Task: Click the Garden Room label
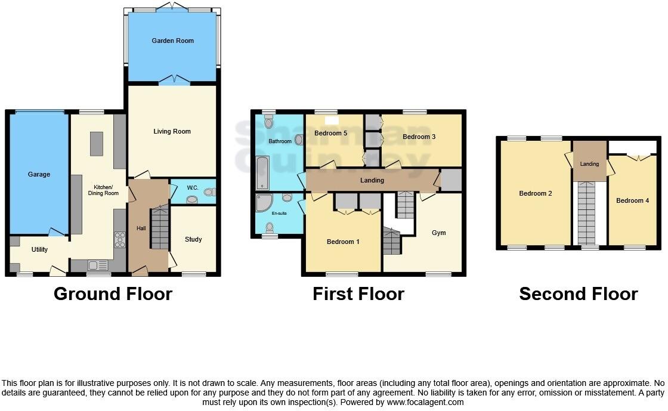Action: (172, 41)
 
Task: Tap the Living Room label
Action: (172, 131)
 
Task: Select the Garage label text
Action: (39, 174)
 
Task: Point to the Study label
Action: (193, 239)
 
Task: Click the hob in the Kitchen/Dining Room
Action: (119, 239)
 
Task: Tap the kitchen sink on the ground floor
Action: (95, 265)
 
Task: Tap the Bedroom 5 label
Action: (330, 133)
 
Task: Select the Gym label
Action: (438, 233)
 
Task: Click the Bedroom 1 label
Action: (343, 242)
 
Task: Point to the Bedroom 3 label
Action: (419, 137)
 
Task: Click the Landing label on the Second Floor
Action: (589, 164)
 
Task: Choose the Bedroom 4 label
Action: (632, 200)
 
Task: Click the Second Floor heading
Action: (578, 293)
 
